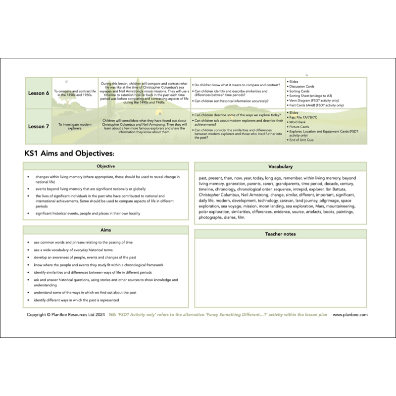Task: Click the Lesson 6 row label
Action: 38,93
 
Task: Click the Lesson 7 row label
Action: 38,126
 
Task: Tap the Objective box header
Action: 105,166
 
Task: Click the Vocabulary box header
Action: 280,167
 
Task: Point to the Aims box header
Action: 105,231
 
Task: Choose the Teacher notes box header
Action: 280,234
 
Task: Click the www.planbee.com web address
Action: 350,314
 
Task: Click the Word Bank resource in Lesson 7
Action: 298,122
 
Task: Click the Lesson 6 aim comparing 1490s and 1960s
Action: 75,93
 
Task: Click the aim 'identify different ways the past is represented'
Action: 76,300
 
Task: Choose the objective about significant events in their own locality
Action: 88,213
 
